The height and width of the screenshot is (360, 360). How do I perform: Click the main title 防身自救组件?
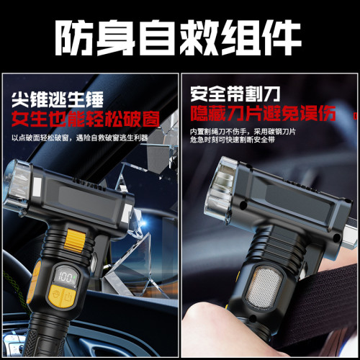[x=179, y=32]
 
